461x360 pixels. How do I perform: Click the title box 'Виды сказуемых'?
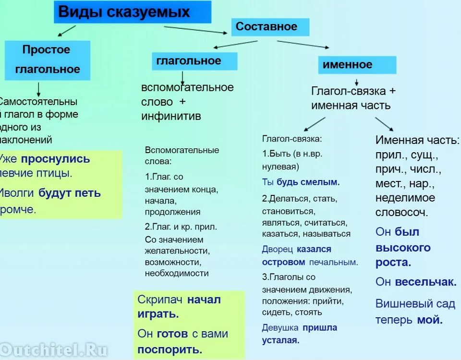(132, 12)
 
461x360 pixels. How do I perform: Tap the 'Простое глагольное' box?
(48, 60)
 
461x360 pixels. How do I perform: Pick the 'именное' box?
(357, 65)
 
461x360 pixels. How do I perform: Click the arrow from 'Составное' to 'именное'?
(303, 44)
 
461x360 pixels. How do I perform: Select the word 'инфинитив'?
(171, 116)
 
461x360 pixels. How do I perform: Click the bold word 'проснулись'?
(56, 159)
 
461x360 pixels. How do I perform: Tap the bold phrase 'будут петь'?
(70, 193)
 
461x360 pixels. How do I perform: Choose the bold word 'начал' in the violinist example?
(204, 300)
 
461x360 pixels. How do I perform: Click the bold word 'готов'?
(170, 334)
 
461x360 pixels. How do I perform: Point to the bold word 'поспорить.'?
(170, 349)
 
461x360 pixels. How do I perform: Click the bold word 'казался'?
(314, 249)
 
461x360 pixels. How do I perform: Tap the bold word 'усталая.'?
(281, 340)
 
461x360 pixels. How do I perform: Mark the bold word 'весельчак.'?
(425, 282)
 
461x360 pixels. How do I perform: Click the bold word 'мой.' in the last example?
(430, 320)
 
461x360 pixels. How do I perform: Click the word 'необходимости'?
(177, 274)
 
